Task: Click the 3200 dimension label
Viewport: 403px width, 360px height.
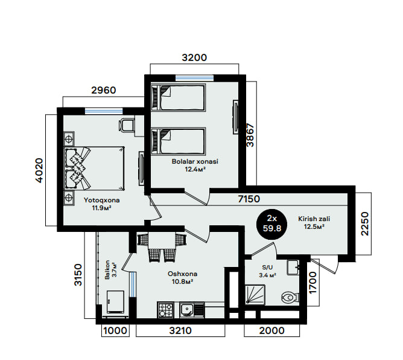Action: click(x=194, y=57)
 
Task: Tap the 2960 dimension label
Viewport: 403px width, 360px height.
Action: click(x=104, y=91)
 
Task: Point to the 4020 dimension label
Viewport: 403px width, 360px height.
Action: click(x=39, y=170)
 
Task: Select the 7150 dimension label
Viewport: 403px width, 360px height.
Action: click(x=249, y=199)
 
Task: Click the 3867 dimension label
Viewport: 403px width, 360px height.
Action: click(x=250, y=135)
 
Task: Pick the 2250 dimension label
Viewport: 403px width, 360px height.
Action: click(x=365, y=223)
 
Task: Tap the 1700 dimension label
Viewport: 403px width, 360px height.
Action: click(x=313, y=283)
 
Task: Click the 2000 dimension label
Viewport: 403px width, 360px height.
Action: click(x=272, y=330)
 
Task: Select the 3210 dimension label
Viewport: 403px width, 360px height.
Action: click(x=180, y=330)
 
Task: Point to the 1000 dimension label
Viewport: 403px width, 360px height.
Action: click(x=115, y=330)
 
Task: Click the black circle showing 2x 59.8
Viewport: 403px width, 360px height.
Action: click(x=272, y=223)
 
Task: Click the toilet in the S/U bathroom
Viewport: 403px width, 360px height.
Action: click(x=290, y=297)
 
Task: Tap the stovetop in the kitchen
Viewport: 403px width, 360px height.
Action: click(x=165, y=310)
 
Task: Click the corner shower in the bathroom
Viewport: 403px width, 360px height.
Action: click(x=255, y=295)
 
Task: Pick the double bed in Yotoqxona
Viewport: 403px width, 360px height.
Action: click(x=94, y=169)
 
